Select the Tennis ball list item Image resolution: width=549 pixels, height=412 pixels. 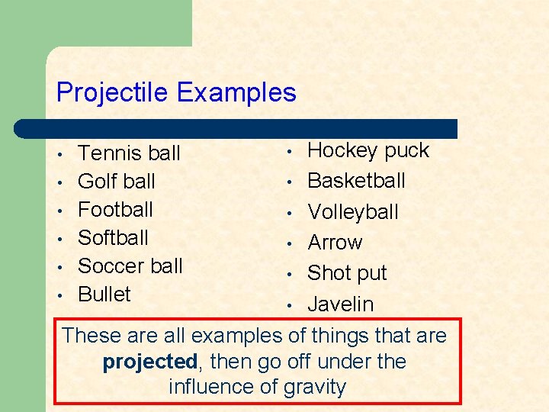pos(129,153)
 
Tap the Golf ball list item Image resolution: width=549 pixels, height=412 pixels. pos(117,182)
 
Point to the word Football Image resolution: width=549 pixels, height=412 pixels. pos(115,209)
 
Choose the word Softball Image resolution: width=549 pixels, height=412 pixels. pos(113,237)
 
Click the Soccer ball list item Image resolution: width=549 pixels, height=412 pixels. pos(130,266)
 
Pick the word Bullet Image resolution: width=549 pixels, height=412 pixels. pos(104,294)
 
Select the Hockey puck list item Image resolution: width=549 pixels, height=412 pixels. pos(368,151)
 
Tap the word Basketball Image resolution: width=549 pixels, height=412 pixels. pos(356,181)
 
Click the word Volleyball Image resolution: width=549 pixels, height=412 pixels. pos(353,212)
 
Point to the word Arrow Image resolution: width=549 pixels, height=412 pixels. pos(335,243)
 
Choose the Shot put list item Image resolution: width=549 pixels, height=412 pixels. pos(347,273)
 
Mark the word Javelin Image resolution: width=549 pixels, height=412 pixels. pos(340,304)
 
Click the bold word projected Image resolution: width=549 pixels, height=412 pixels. pos(149,361)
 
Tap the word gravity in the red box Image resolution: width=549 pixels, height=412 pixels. pos(314,387)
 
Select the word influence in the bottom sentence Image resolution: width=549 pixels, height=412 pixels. pos(211,387)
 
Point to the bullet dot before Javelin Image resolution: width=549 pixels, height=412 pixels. pos(290,305)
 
